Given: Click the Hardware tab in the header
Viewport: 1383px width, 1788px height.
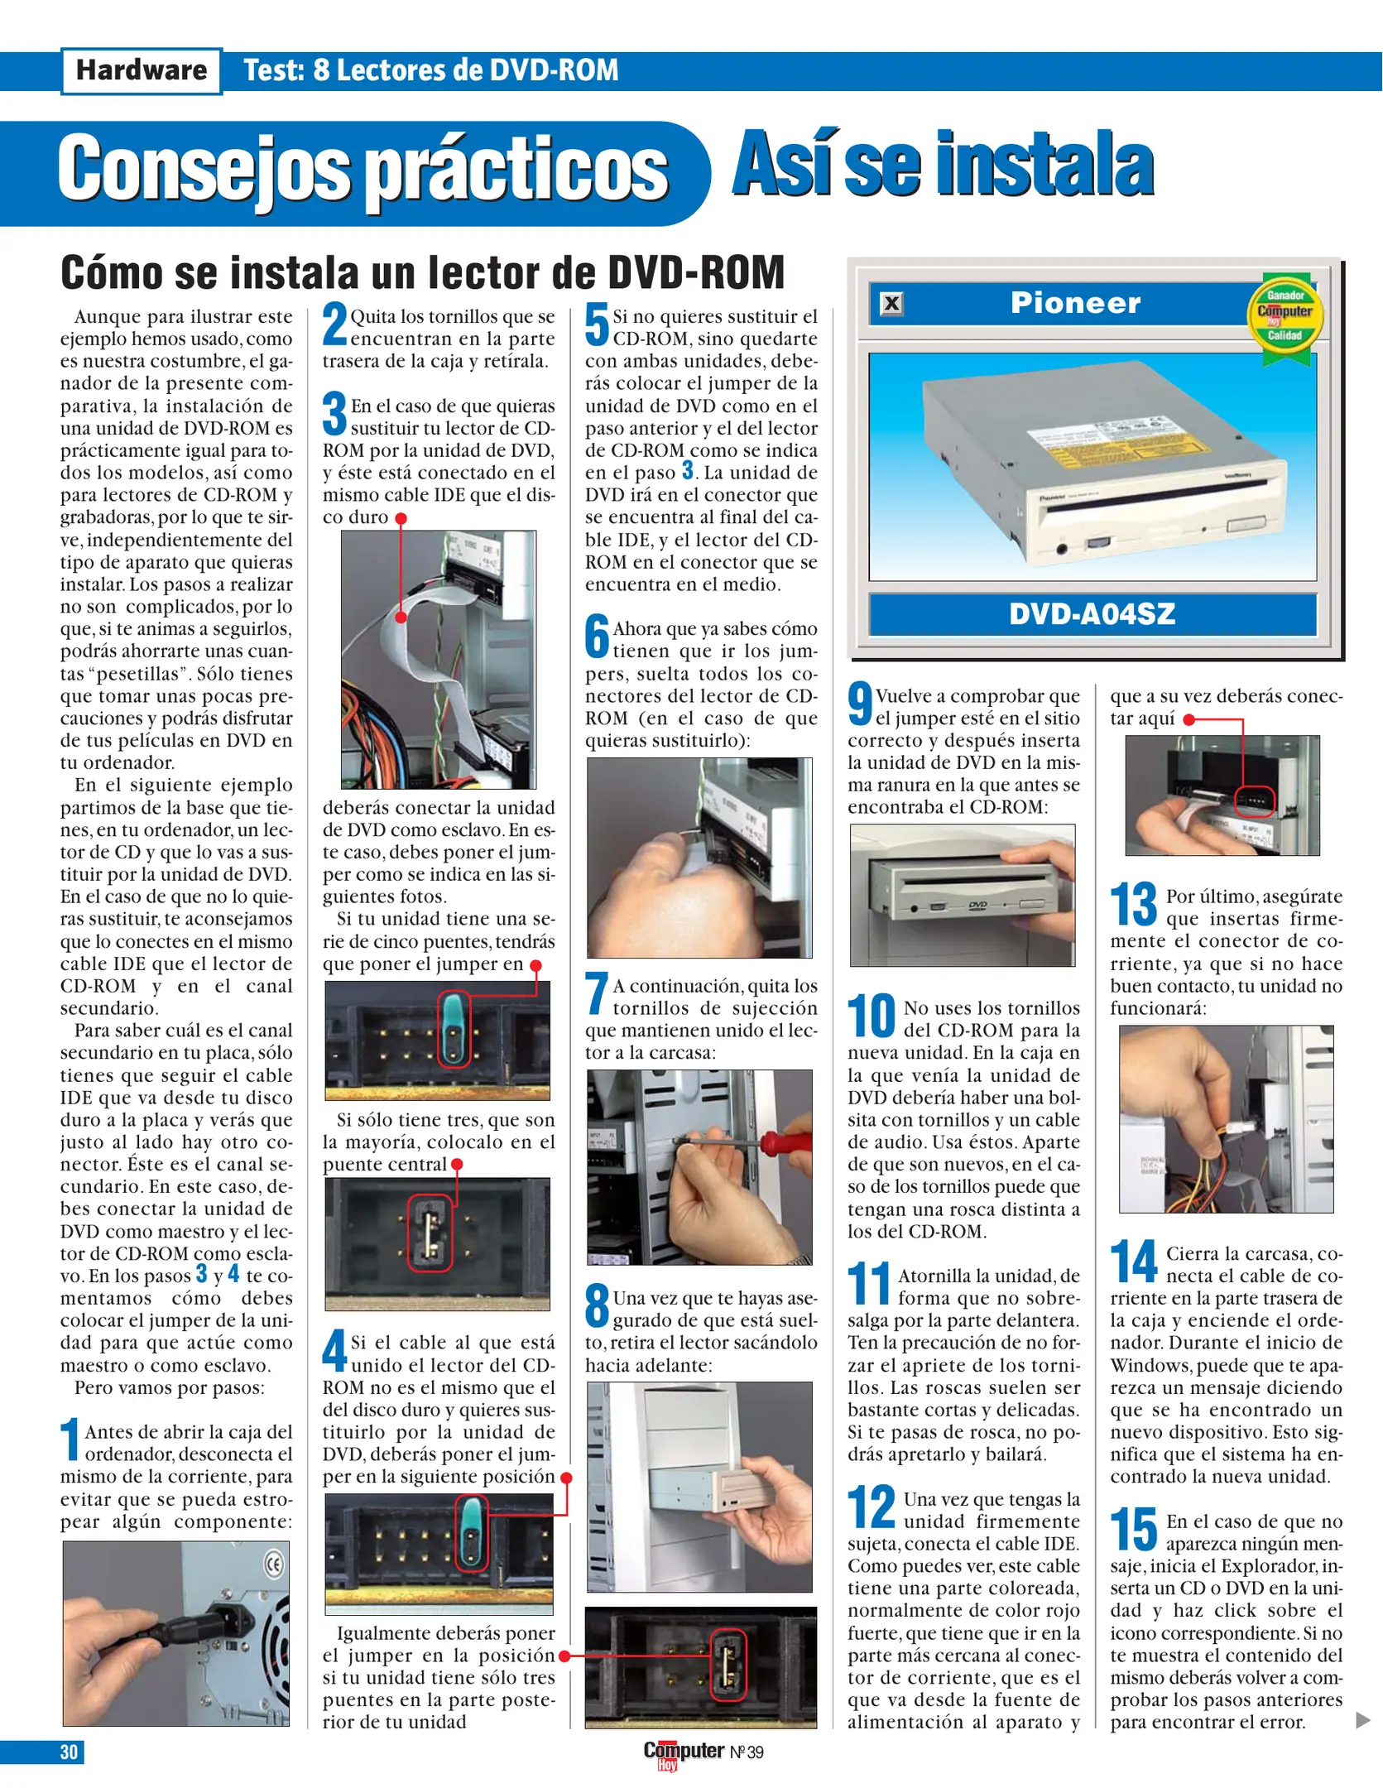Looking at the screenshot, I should tap(142, 70).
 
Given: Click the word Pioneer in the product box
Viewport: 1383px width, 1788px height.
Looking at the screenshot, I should tap(1075, 303).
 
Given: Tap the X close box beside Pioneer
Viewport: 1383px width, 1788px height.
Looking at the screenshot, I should tap(891, 304).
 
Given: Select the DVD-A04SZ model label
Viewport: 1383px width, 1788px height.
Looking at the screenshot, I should tap(1092, 613).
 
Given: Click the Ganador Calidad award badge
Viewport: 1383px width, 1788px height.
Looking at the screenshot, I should tap(1285, 317).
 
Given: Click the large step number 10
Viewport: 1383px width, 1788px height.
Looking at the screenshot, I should tap(871, 1017).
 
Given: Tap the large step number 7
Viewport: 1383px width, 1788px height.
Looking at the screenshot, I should tap(596, 993).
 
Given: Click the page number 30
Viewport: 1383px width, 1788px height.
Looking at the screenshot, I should tap(69, 1752).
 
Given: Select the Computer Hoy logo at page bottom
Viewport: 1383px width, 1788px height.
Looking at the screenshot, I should tap(684, 1752).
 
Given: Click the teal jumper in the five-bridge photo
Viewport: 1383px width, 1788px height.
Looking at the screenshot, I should tap(453, 1029).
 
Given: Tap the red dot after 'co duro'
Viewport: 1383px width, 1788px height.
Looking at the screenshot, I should tap(401, 519).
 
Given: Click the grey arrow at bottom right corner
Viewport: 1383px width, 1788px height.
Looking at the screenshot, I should tap(1362, 1720).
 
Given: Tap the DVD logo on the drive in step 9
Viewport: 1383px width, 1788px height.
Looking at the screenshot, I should tap(977, 906).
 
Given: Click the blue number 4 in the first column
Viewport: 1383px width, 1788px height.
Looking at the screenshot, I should tap(233, 1273).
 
